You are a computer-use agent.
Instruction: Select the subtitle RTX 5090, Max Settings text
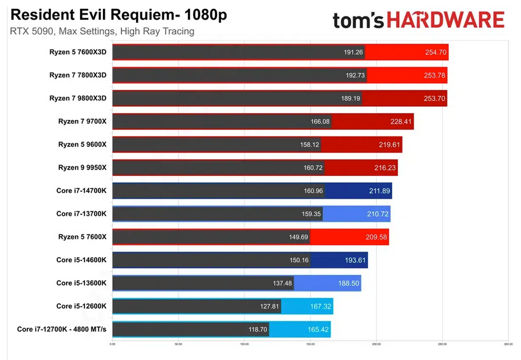102,31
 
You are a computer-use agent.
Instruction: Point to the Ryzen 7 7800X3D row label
78,75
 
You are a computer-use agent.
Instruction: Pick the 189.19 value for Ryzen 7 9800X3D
347,98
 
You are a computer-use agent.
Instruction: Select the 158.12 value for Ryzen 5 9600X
309,145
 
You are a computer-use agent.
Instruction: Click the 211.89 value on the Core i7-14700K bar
376,190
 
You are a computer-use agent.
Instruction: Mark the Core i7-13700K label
81,214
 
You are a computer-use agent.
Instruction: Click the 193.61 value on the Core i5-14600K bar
353,260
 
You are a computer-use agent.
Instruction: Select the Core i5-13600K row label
81,283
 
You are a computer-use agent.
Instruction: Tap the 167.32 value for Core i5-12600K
319,306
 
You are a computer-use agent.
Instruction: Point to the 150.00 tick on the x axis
310,345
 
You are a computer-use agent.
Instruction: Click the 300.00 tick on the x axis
508,345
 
